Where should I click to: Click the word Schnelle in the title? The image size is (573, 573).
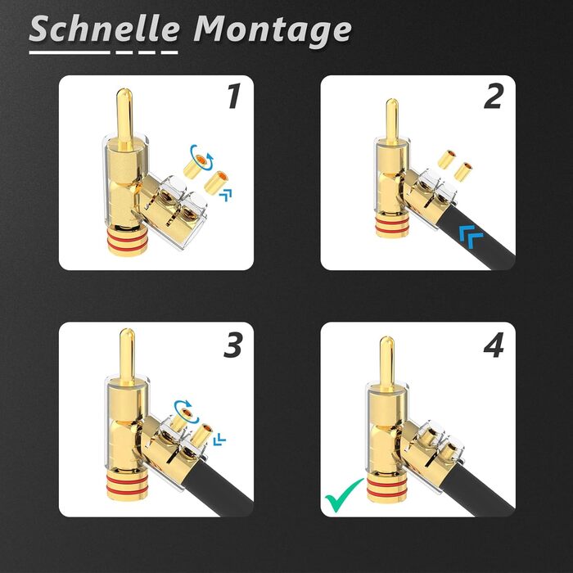[104, 29]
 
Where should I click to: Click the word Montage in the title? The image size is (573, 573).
[273, 30]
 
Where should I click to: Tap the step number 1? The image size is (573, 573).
[234, 96]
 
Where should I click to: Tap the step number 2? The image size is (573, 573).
[494, 96]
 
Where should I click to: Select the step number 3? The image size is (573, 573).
[232, 345]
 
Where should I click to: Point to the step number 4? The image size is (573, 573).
[494, 345]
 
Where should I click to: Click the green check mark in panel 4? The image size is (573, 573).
[344, 495]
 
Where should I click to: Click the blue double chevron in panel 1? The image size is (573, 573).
[226, 195]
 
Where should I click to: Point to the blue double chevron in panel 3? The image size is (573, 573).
[219, 440]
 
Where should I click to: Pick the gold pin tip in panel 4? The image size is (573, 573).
[386, 341]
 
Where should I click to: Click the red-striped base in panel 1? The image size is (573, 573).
[125, 241]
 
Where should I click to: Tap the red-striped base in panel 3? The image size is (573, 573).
[124, 485]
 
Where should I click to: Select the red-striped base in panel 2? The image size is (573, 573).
[392, 227]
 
